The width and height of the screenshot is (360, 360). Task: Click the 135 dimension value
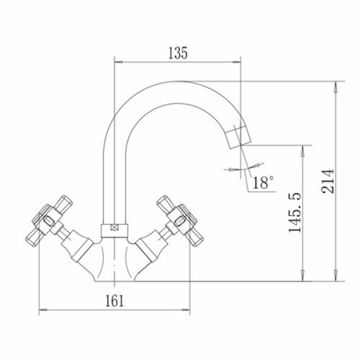coord(178,53)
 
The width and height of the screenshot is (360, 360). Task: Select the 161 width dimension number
coord(114,301)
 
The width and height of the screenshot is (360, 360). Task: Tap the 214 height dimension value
coord(328,181)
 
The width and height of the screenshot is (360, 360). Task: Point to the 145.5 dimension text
coord(295,212)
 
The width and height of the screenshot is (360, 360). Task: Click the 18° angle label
coord(263,182)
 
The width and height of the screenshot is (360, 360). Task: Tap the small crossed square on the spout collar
coord(114,228)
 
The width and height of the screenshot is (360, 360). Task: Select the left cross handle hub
coord(49,220)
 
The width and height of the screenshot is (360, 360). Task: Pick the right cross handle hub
coord(180,219)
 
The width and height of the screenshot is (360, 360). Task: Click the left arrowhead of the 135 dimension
coord(118,62)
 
